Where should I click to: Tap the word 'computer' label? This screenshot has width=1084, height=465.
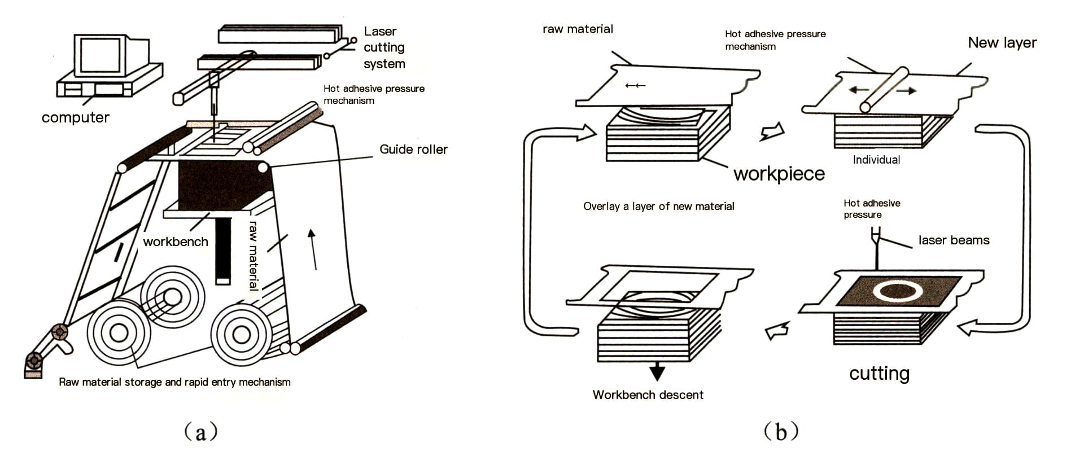76,118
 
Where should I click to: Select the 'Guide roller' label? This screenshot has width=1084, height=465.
413,150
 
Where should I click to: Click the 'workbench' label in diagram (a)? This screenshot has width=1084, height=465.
176,242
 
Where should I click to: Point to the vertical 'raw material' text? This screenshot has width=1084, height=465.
253,255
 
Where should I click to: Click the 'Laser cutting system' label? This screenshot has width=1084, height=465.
384,47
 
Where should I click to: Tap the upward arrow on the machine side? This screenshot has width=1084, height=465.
312,248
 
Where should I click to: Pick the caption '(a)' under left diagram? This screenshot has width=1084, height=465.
201,432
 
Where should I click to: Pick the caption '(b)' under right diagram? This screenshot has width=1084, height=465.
781,432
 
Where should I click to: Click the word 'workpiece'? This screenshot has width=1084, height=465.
779,174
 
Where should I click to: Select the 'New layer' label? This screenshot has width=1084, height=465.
1002,43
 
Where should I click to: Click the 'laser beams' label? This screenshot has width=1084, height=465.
954,240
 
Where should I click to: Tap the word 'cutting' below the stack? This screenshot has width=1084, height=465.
879,374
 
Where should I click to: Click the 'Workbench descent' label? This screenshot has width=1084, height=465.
648,395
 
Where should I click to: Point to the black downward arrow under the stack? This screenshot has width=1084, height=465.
657,372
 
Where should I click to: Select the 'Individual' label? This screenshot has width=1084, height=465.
876,160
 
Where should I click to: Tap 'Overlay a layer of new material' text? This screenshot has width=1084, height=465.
658,207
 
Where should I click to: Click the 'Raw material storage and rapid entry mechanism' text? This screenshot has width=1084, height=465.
174,383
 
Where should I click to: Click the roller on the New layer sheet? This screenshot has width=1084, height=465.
884,90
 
